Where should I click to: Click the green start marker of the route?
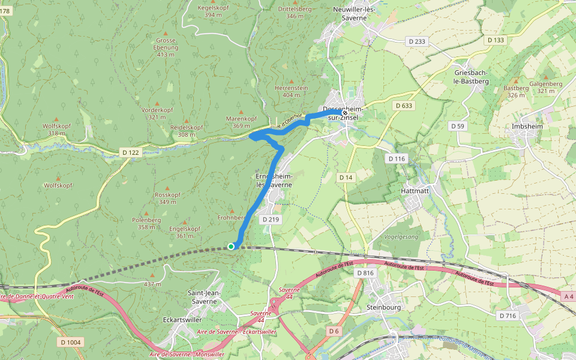point(231,246)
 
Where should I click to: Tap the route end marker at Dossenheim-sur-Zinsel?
point(345,112)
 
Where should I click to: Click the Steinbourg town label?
point(383,307)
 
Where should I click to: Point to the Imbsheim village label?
point(529,127)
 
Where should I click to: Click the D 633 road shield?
point(404,106)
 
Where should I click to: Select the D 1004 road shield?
point(71,342)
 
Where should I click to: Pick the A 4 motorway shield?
point(569,296)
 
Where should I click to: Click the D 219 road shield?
point(271,220)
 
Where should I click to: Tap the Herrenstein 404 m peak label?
point(291,91)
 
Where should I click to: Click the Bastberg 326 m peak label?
point(517,91)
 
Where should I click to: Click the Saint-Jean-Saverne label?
point(205,296)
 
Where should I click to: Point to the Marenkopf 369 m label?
point(241,122)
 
